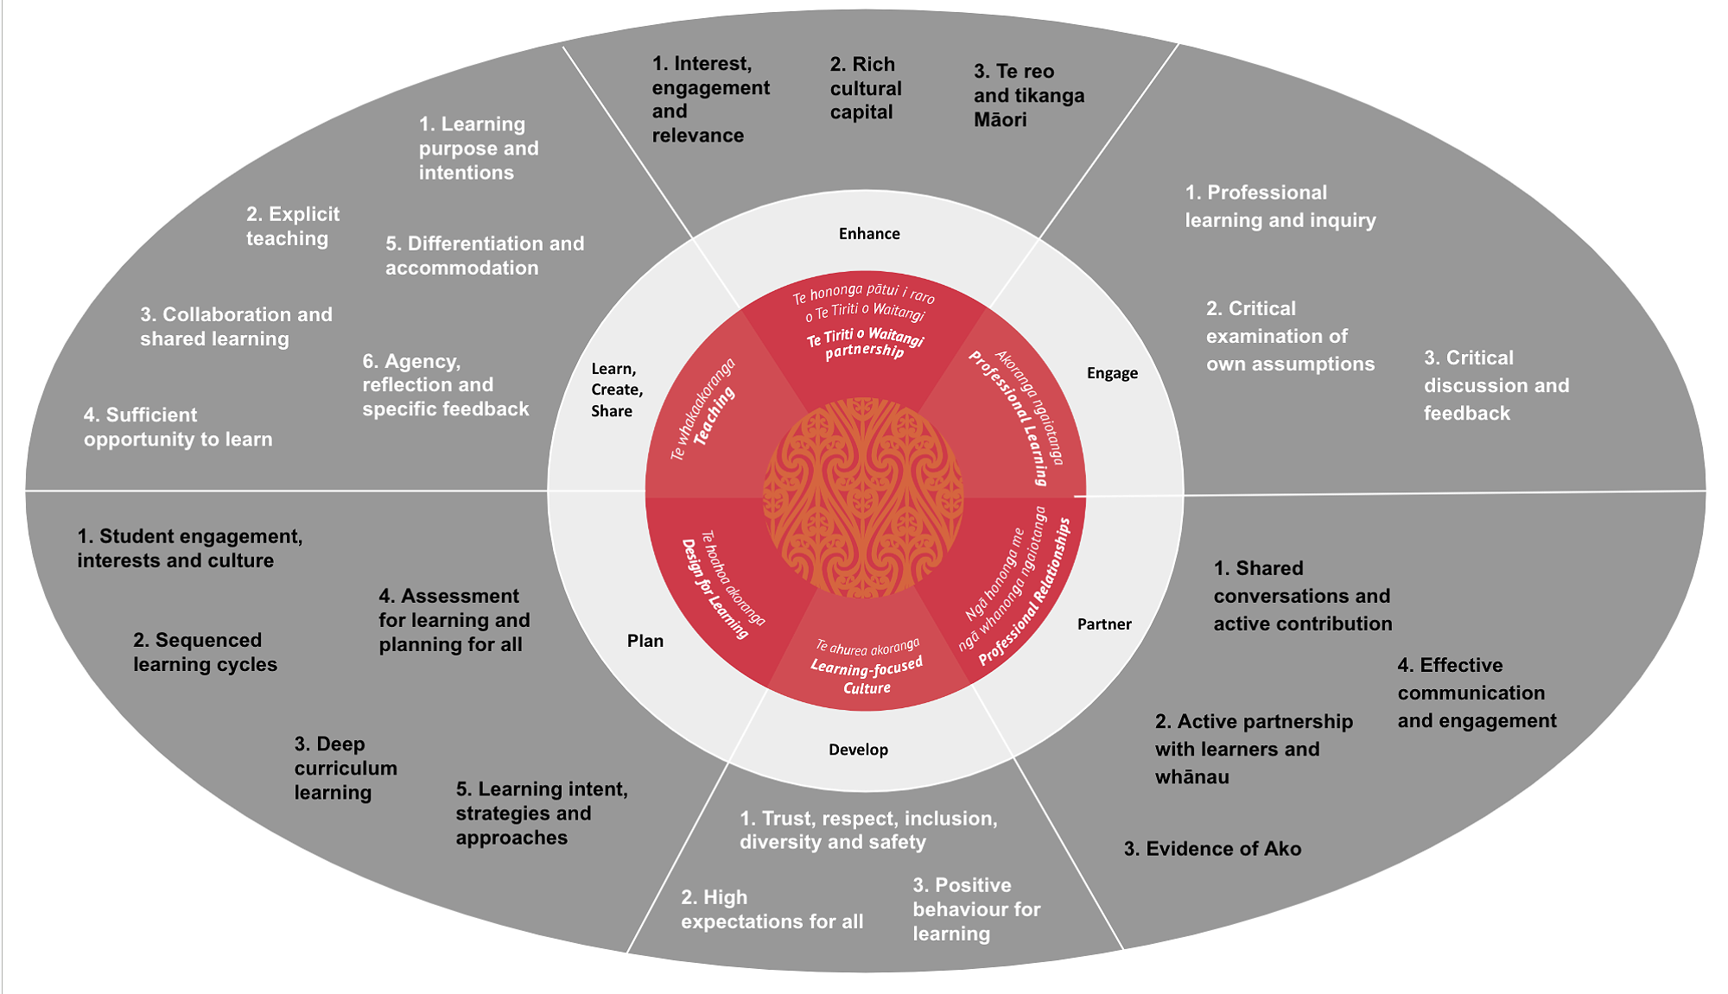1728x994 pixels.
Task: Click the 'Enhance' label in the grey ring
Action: click(869, 234)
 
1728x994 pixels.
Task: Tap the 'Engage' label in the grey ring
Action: click(1112, 373)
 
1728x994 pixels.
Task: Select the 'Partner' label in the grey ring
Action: click(1104, 624)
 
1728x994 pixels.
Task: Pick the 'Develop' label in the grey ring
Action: click(858, 750)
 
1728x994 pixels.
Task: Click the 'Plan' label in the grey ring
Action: click(645, 641)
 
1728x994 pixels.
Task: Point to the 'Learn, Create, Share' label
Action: click(616, 390)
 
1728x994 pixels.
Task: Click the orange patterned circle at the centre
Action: click(863, 497)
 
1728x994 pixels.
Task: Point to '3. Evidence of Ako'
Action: click(1212, 849)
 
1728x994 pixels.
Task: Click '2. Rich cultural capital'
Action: click(865, 88)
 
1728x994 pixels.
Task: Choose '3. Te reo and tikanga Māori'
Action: click(1028, 95)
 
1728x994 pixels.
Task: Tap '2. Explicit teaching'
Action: click(292, 226)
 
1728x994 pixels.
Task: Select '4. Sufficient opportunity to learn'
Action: click(178, 427)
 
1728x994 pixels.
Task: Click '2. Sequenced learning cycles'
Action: click(205, 652)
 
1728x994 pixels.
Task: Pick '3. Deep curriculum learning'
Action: click(346, 768)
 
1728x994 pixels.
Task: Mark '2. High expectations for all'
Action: click(772, 909)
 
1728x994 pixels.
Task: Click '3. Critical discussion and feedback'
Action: click(1496, 385)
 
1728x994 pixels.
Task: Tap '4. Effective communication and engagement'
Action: click(1477, 693)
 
